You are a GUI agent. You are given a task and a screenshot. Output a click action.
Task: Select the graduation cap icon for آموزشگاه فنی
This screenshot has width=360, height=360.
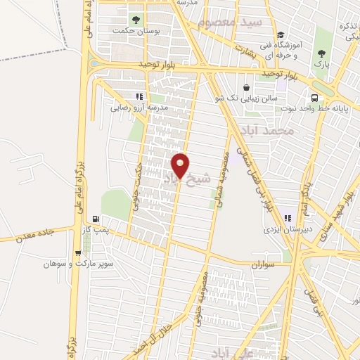pos(281,34)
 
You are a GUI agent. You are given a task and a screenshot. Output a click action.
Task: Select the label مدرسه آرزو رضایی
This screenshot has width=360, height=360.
pos(138,108)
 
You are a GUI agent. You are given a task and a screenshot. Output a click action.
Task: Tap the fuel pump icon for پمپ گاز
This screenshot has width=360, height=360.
pos(106,217)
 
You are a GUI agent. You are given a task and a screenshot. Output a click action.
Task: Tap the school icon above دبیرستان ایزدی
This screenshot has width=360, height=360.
pos(287,217)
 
